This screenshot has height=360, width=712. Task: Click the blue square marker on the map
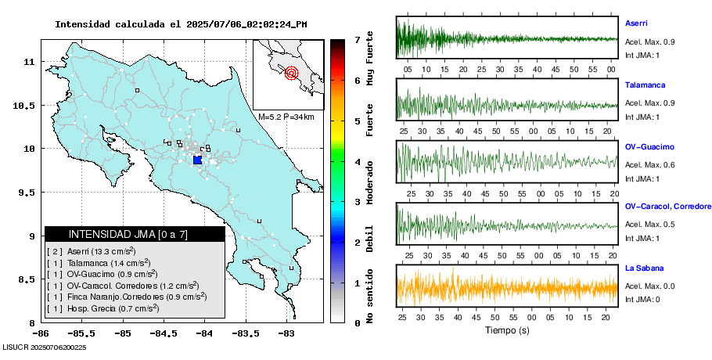click(197, 160)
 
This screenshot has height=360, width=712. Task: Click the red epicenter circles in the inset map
click(292, 74)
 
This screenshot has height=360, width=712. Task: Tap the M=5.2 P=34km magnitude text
click(286, 117)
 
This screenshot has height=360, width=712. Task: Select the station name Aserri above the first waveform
click(636, 23)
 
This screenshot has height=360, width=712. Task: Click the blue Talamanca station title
click(645, 83)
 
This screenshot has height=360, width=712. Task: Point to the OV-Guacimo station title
click(649, 146)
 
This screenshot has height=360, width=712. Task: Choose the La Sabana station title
click(644, 268)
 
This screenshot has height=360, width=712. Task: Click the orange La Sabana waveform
click(507, 287)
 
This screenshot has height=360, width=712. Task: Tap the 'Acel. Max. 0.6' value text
click(649, 164)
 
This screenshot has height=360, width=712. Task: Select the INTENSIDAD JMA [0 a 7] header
click(135, 234)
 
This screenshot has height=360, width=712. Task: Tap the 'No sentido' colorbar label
click(370, 297)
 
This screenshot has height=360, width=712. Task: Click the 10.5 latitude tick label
click(28, 106)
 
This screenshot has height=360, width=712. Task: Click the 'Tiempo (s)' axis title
click(506, 330)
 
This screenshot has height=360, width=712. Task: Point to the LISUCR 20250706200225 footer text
click(44, 347)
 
